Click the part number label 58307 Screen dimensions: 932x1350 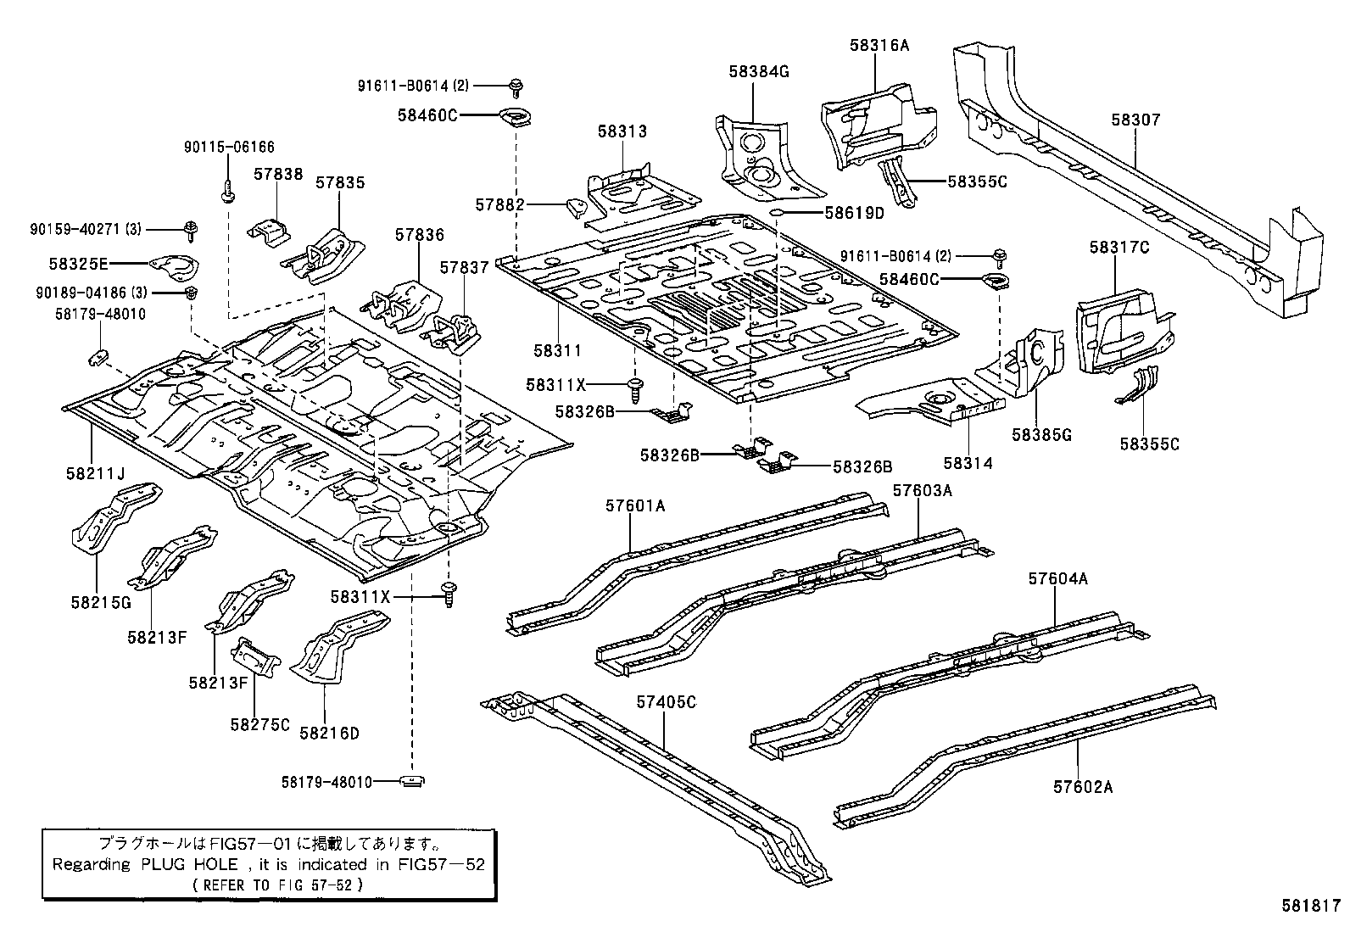coord(1135,121)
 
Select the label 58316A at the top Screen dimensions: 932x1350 coord(879,46)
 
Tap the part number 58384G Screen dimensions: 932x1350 coord(758,72)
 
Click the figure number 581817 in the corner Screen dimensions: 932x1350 coord(1311,905)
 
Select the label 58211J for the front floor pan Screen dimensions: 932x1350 coord(95,473)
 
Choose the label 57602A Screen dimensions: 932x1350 coord(1083,786)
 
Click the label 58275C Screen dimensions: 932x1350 coord(259,724)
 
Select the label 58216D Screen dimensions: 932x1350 coord(329,733)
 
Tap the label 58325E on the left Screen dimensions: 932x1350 coord(79,265)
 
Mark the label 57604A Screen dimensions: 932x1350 coord(1057,578)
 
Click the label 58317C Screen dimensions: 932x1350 coord(1119,248)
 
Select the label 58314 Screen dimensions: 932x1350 coord(967,463)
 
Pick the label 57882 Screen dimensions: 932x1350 coord(499,204)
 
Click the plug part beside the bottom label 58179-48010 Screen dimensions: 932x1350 coord(412,781)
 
